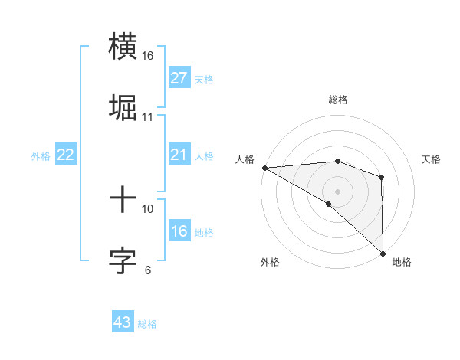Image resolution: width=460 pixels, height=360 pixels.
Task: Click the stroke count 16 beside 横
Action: tap(147, 56)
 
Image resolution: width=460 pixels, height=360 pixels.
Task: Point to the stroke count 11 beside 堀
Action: tap(147, 117)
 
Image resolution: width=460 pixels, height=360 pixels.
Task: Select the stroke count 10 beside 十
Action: tap(147, 208)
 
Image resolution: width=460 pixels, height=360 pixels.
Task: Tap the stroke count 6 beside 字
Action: tap(147, 270)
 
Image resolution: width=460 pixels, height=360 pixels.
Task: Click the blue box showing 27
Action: tap(179, 79)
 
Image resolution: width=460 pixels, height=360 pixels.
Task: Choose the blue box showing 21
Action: tap(179, 155)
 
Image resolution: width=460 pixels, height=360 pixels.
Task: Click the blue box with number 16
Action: tap(179, 232)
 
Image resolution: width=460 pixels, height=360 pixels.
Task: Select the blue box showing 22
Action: tap(65, 155)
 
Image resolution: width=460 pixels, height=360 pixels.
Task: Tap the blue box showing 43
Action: tap(122, 322)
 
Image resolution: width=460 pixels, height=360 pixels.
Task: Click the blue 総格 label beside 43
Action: tap(147, 324)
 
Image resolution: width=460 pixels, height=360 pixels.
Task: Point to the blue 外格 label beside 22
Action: tap(41, 156)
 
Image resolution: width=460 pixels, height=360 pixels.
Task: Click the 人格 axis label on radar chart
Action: tap(245, 159)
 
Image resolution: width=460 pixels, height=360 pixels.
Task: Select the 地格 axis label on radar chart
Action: tap(402, 262)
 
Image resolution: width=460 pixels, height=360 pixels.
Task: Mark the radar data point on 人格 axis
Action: tap(264, 168)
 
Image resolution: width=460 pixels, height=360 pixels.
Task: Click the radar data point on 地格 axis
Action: tap(382, 253)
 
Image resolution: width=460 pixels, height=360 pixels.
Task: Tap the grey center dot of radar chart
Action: tap(337, 191)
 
